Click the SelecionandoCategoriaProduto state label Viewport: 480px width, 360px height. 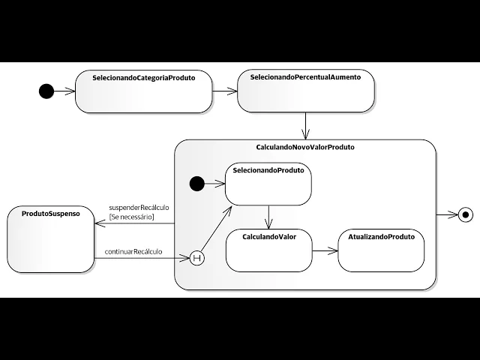point(143,78)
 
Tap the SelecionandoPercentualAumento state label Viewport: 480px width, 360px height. point(305,78)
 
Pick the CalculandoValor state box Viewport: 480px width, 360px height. point(268,250)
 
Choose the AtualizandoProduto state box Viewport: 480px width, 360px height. point(381,250)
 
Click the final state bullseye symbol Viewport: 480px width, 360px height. point(466,214)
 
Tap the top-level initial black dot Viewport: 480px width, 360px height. point(46,91)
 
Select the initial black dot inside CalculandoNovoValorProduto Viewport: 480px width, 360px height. point(197,183)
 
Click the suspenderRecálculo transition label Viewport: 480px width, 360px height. point(139,207)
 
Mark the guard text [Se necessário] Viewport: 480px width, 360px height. point(131,217)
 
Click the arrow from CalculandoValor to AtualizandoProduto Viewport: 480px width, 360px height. point(324,251)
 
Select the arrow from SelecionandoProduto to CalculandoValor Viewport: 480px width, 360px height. point(268,217)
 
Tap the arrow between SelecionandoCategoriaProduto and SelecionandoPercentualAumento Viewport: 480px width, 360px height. point(224,91)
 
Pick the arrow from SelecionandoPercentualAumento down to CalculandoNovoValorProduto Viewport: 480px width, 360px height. point(305,125)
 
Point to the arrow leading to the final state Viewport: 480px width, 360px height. point(446,214)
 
